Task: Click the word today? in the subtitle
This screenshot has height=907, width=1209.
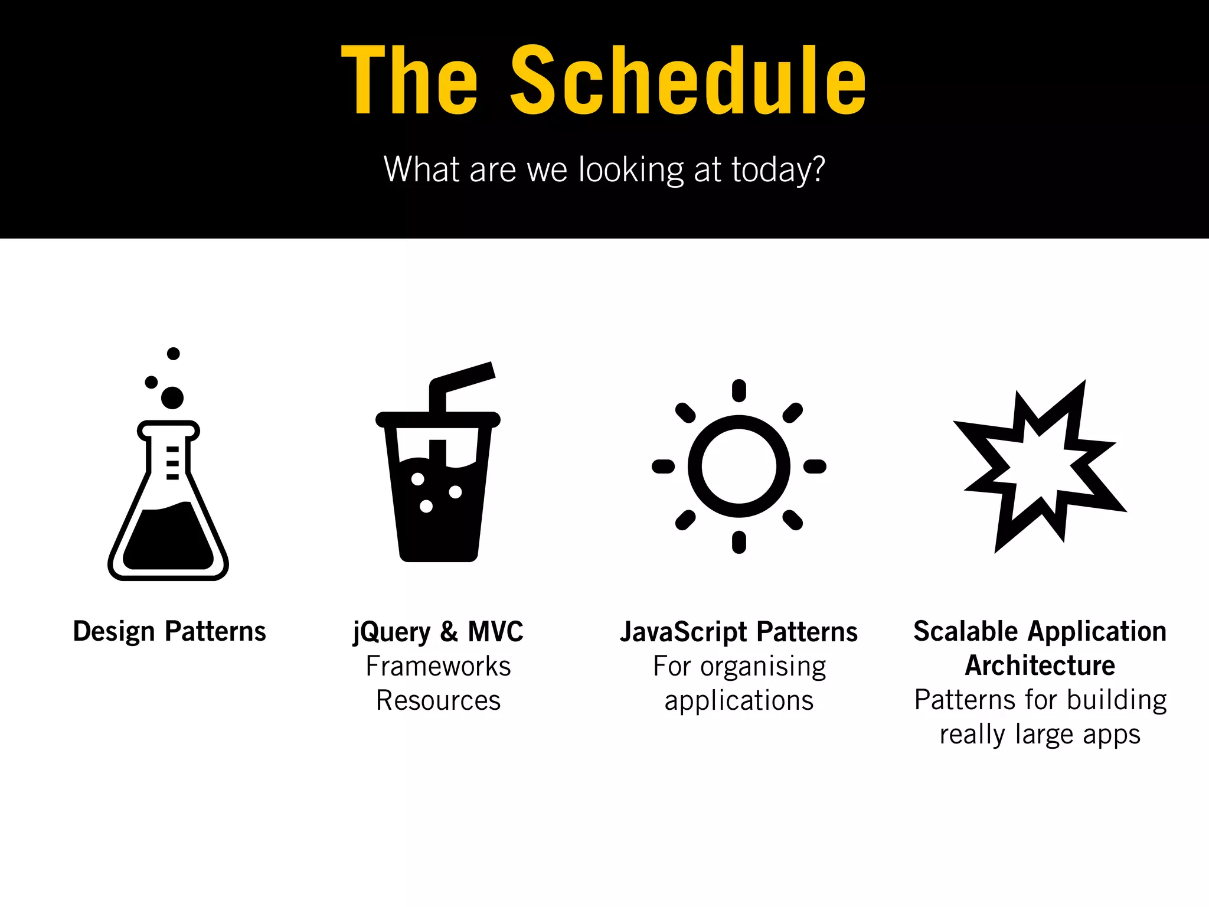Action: point(778,169)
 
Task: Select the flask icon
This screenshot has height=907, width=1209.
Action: point(168,502)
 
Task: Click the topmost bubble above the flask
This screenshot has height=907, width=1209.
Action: point(174,354)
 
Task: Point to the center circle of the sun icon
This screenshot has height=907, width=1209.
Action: point(739,466)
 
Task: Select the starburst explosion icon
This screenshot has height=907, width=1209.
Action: point(1040,466)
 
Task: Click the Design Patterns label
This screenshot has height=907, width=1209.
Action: point(169,631)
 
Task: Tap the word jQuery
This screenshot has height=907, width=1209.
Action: point(392,632)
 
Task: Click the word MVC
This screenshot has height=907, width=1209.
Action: point(495,631)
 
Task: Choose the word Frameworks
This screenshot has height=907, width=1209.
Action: point(438,666)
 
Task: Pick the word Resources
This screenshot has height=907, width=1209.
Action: point(438,700)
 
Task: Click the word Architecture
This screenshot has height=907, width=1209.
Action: point(1040,665)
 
